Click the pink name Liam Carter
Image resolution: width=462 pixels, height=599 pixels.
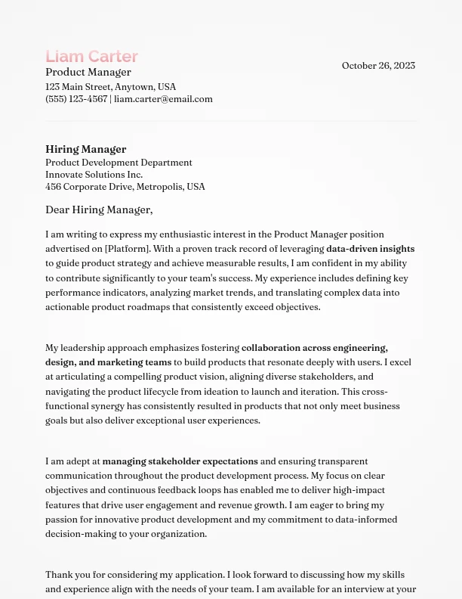[91, 57]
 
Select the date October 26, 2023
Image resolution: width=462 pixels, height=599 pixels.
[378, 66]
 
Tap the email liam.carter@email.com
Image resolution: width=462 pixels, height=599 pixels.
[163, 99]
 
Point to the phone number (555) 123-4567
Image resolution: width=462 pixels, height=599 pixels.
[75, 99]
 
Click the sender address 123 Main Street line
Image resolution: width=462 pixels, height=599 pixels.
[110, 87]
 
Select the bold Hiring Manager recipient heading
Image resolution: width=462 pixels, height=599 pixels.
[85, 149]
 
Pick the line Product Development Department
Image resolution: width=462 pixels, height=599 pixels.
[119, 163]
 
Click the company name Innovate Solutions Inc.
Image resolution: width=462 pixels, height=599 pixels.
[94, 175]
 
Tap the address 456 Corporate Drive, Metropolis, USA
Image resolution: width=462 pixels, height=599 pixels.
[125, 187]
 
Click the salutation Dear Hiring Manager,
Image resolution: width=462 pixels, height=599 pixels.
[99, 209]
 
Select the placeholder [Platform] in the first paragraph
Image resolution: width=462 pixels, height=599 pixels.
[127, 249]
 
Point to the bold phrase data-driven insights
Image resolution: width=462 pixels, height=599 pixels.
[370, 249]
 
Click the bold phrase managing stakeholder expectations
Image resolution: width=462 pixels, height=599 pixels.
[180, 461]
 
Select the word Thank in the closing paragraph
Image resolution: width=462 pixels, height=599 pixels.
[58, 575]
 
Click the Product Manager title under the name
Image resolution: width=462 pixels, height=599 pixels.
[88, 73]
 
